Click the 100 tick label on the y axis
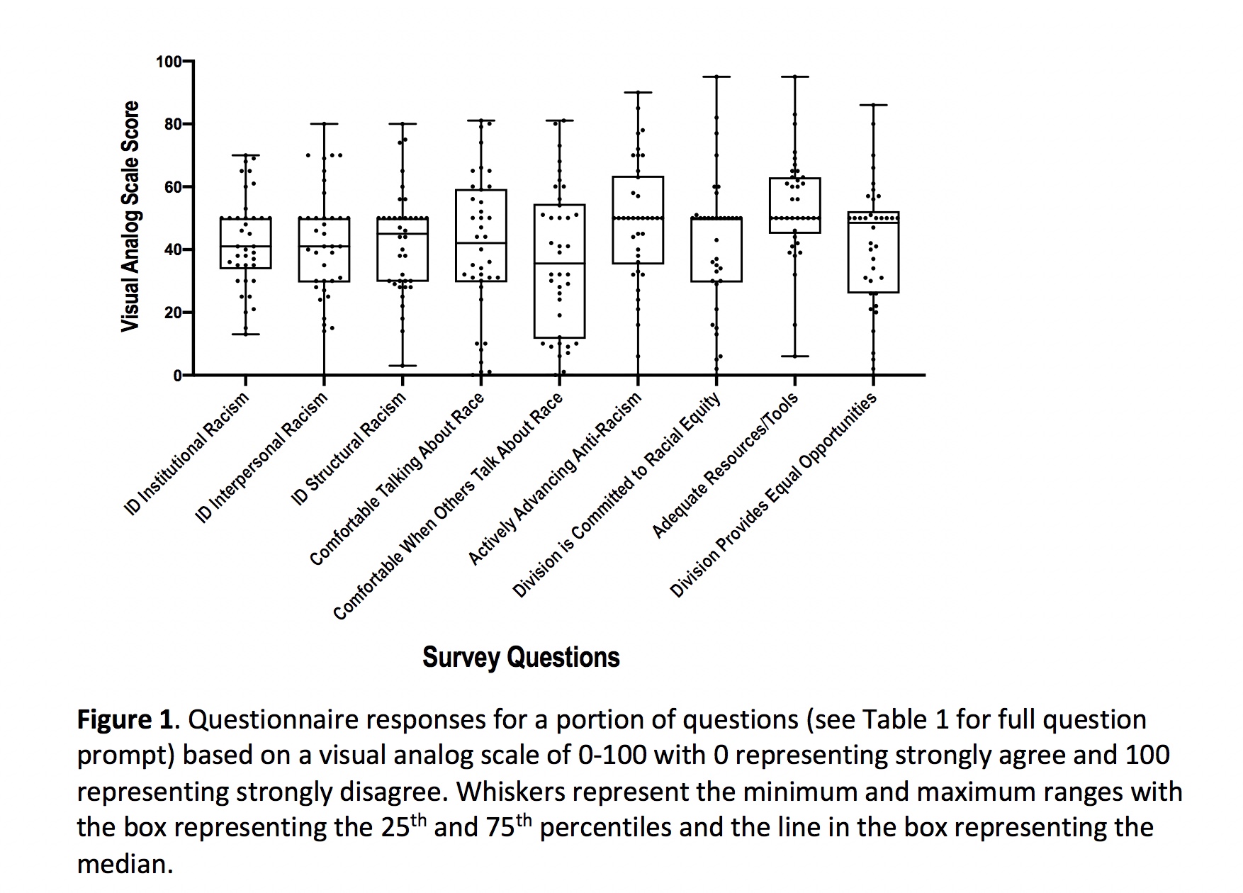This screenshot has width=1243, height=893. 168,62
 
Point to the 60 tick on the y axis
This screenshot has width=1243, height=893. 188,187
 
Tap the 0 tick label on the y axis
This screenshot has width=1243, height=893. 177,375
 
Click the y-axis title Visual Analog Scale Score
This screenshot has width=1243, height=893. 130,216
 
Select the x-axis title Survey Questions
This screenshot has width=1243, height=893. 521,657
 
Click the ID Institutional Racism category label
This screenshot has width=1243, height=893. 187,454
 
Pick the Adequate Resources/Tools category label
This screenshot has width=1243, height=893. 725,464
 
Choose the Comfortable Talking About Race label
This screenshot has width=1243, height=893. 397,478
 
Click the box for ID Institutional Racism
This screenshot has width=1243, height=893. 246,243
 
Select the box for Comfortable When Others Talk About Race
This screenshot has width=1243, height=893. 560,271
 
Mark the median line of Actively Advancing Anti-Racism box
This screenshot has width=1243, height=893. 638,218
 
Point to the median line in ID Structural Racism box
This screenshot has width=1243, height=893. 403,234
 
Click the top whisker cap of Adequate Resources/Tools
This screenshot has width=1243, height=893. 795,77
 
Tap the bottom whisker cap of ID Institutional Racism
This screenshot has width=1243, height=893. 246,334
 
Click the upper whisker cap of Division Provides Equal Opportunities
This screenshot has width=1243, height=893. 873,105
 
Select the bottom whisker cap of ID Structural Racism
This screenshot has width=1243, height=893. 403,366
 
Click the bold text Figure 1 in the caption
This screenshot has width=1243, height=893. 125,720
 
